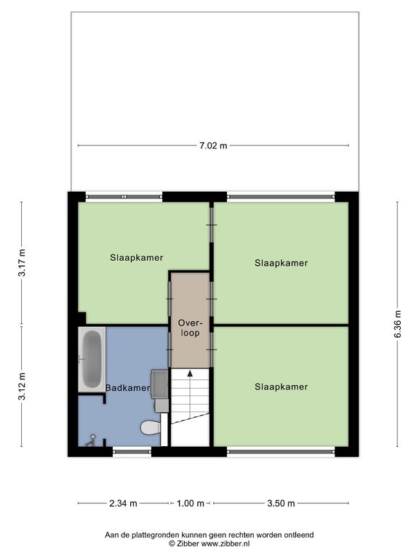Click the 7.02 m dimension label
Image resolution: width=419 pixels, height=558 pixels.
[213, 145]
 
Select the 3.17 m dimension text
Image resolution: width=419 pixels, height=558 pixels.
[23, 262]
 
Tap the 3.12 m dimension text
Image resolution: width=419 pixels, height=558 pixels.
[23, 386]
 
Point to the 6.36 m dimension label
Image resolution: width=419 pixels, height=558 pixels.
[398, 324]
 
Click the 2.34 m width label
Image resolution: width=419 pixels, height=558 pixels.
[123, 504]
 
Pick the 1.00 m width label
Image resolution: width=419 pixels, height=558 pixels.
[191, 504]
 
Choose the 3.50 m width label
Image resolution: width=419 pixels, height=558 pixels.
[281, 504]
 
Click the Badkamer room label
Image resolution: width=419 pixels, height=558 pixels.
[127, 388]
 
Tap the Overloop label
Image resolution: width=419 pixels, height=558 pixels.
[190, 328]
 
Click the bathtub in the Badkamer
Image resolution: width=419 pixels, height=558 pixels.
[92, 359]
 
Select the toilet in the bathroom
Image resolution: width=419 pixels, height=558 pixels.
[151, 427]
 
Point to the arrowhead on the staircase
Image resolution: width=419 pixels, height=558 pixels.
[190, 373]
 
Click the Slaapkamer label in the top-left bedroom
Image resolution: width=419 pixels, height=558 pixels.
[137, 258]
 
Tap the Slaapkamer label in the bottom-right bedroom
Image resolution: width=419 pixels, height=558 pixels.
[281, 387]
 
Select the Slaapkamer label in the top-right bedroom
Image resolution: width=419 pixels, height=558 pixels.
[281, 263]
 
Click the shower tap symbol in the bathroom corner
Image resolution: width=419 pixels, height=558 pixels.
[91, 440]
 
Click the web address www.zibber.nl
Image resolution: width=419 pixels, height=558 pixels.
[226, 543]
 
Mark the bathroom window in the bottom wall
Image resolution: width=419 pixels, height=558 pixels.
[132, 452]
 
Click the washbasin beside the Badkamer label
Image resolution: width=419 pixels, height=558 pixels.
[159, 384]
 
